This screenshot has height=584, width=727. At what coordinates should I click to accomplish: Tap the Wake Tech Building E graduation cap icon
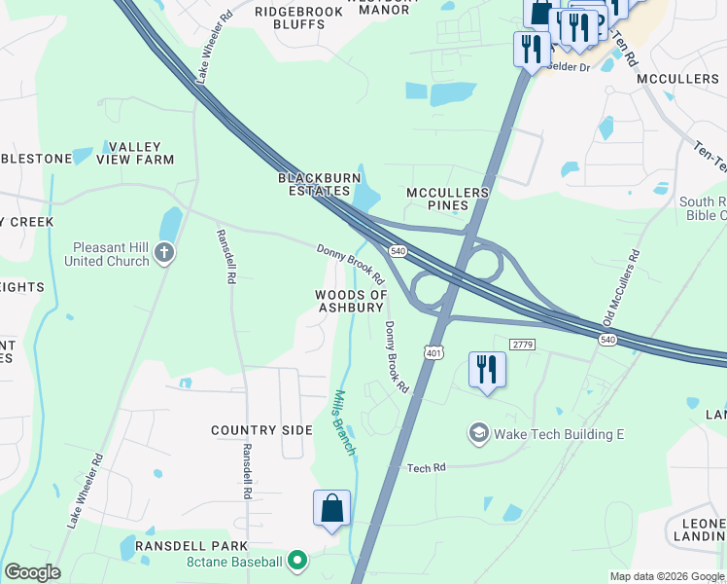pyautogui.click(x=478, y=432)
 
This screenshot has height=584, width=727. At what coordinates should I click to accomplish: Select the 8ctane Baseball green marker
pyautogui.click(x=298, y=561)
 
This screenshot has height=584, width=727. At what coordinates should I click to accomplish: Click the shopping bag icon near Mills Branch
pyautogui.click(x=331, y=508)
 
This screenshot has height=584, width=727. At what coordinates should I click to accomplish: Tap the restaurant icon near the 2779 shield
pyautogui.click(x=486, y=370)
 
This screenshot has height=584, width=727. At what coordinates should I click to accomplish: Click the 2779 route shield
pyautogui.click(x=522, y=344)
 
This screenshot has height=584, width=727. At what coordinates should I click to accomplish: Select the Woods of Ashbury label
pyautogui.click(x=350, y=301)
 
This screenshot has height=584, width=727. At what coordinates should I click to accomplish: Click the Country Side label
pyautogui.click(x=262, y=430)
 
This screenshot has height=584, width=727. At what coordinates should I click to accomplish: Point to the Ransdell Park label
pyautogui.click(x=191, y=546)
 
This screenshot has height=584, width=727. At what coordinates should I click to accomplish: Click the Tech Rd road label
pyautogui.click(x=426, y=468)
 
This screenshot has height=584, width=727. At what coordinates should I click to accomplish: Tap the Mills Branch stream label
pyautogui.click(x=344, y=422)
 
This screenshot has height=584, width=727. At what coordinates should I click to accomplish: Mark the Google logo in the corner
pyautogui.click(x=32, y=572)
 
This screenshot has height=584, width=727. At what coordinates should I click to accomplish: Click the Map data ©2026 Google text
pyautogui.click(x=667, y=576)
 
